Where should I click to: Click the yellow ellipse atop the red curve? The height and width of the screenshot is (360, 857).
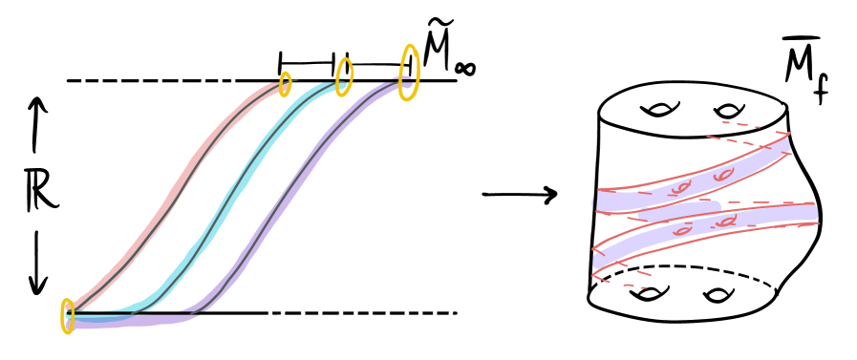tap(285, 84)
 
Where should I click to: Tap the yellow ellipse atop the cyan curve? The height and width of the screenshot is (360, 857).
tap(344, 76)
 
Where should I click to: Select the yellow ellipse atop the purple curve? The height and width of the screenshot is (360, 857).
tap(409, 73)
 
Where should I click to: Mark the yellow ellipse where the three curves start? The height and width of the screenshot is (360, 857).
tap(68, 316)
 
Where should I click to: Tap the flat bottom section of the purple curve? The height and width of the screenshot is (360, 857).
tap(124, 322)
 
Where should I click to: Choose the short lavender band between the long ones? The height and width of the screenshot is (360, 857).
tap(678, 210)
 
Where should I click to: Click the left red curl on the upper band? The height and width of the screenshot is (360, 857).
tap(679, 188)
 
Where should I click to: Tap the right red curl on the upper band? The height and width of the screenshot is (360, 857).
tap(723, 175)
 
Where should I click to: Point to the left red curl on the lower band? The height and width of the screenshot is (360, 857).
tap(682, 231)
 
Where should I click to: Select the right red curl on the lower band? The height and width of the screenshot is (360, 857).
tap(727, 222)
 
